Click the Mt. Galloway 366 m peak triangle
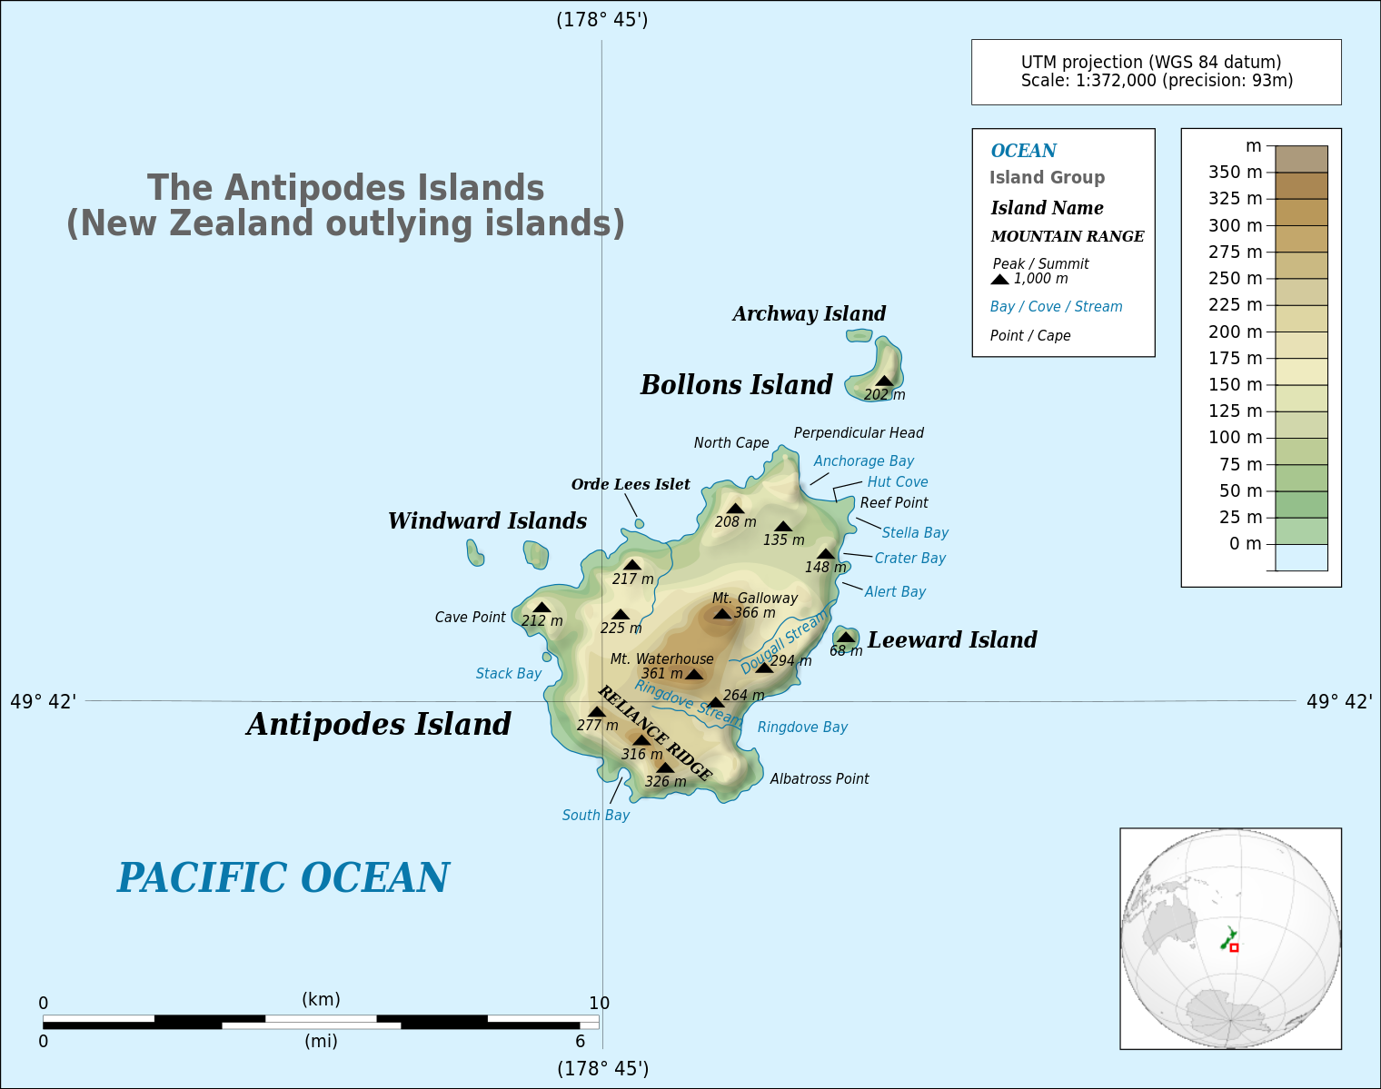pos(722,614)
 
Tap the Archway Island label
pos(809,314)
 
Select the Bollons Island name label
pos(736,385)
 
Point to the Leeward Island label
pos(951,640)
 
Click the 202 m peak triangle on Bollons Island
pos(885,381)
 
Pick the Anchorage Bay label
pos(863,461)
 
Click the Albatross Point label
pos(820,779)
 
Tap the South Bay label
pos(595,816)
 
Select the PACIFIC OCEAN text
pos(283,878)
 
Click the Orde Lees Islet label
pos(631,485)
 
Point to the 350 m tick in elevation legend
pos(1270,173)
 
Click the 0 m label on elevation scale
pos(1245,544)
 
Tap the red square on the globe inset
pos(1234,947)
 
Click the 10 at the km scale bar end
pos(599,1004)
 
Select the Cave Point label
pos(470,618)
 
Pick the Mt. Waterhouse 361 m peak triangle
pos(694,675)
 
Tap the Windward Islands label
pos(487,521)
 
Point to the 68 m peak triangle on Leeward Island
pos(846,638)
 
